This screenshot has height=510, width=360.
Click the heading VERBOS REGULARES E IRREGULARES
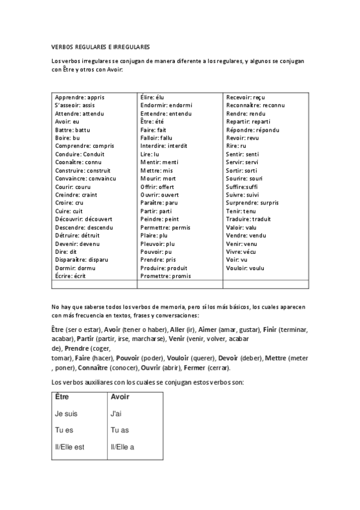100,46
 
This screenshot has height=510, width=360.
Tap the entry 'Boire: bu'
67,138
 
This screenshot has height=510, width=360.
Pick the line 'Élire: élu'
152,97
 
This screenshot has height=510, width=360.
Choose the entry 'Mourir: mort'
158,179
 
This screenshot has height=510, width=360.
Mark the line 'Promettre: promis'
165,276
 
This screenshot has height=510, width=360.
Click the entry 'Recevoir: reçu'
245,97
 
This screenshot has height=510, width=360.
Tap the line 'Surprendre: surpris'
252,203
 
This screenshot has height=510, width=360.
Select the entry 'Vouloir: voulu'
245,268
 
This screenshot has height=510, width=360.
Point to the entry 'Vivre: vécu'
242,252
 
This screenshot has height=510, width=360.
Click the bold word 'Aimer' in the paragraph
207,330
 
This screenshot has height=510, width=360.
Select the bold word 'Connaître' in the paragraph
120,368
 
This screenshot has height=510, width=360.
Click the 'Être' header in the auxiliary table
62,397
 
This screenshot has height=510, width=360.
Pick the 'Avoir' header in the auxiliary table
120,397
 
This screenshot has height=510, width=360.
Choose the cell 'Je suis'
66,414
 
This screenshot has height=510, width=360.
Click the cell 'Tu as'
120,430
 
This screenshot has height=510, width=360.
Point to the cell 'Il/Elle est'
70,447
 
